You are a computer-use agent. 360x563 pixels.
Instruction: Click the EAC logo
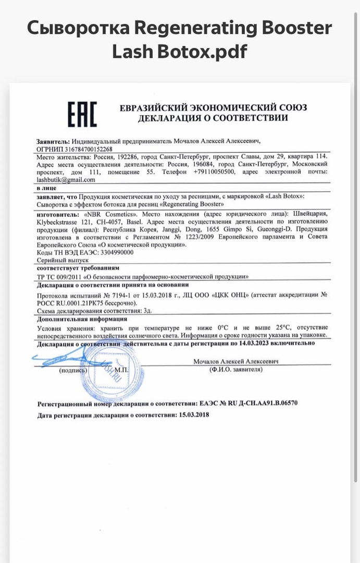click(82, 114)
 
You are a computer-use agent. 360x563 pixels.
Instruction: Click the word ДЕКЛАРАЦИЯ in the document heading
click(166, 118)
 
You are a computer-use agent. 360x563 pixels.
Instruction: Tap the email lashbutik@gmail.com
click(66, 179)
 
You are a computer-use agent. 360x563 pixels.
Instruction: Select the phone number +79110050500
click(216, 172)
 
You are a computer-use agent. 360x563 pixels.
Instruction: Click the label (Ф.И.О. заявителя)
click(236, 370)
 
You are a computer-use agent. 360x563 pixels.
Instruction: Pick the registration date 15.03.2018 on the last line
click(194, 415)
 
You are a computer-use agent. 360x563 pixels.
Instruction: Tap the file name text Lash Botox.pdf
click(180, 52)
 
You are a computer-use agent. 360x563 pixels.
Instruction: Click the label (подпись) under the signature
click(73, 370)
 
